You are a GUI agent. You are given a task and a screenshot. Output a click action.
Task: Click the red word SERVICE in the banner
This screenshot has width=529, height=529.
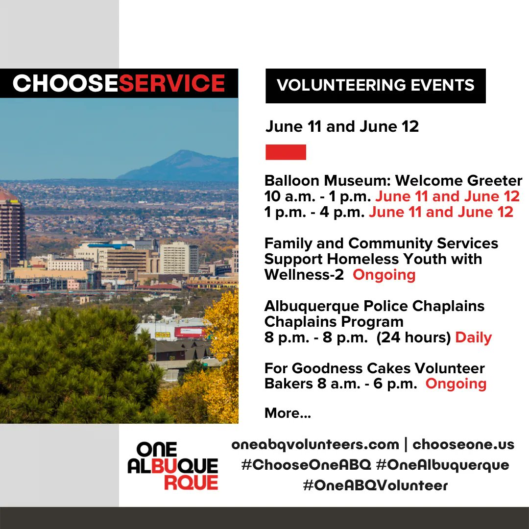171,83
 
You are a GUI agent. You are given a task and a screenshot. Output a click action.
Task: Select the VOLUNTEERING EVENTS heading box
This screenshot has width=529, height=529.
375,85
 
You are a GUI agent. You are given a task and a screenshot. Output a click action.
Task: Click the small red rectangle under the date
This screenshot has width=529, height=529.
286,152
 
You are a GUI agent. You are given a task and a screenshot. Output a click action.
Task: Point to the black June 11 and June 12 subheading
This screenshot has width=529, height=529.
342,126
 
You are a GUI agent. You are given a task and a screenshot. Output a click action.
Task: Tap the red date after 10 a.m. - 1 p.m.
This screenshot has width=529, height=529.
447,196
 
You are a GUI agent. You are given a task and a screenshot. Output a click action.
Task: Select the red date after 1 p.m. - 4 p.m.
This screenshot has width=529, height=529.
441,212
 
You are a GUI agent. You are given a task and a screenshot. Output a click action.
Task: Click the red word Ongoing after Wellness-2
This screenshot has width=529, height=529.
384,275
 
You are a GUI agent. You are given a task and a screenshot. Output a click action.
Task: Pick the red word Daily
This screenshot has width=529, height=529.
473,337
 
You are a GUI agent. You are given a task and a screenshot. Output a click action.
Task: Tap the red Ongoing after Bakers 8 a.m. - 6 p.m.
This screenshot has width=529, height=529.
456,384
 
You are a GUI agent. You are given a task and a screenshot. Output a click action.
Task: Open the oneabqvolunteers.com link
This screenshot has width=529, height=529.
315,444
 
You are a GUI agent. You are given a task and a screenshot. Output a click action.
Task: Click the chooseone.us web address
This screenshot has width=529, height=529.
463,444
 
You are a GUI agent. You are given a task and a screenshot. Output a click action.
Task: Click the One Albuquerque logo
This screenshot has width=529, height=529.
172,465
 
